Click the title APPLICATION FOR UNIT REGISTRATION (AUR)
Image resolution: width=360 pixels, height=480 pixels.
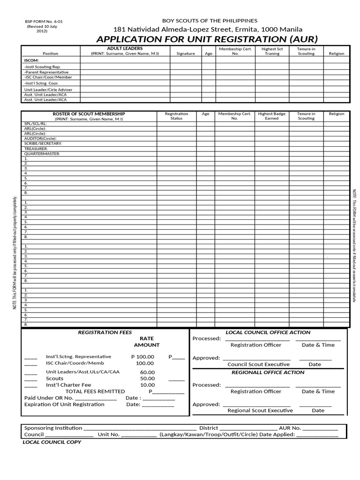[200, 39]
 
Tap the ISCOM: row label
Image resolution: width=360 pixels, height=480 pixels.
[31, 60]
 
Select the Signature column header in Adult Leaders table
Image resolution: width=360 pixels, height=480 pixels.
[185, 53]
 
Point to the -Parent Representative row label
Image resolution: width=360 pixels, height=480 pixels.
[46, 72]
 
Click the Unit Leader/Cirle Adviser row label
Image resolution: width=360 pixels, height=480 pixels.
[48, 89]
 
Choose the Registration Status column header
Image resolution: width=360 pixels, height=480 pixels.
[176, 116]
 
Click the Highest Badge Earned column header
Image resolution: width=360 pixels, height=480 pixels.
[272, 116]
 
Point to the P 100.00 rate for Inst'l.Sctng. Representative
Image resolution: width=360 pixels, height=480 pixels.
[142, 357]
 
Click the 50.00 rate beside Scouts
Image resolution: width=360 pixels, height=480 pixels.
[147, 378]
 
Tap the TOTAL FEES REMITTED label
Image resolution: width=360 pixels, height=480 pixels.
[95, 391]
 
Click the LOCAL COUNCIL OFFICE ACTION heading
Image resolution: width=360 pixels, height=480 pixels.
[268, 332]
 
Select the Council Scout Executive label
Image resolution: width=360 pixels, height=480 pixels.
[258, 364]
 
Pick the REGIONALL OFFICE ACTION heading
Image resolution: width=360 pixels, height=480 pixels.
[268, 373]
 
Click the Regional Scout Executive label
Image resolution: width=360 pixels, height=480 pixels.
[260, 411]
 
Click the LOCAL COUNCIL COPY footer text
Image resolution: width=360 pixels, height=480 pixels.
[52, 442]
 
